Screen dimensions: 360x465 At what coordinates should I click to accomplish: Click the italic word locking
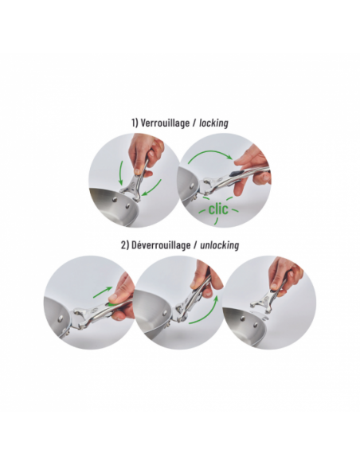pyautogui.click(x=213, y=123)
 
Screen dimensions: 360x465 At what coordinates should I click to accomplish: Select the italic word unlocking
pyautogui.click(x=220, y=245)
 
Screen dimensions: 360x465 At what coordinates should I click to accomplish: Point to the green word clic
pyautogui.click(x=218, y=209)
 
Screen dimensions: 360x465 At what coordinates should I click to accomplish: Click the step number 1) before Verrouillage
pyautogui.click(x=135, y=123)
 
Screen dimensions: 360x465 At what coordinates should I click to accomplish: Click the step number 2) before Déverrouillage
pyautogui.click(x=125, y=245)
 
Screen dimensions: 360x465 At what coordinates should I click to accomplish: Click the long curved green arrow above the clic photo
pyautogui.click(x=210, y=152)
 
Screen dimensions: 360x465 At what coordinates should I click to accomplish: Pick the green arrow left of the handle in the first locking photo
pyautogui.click(x=121, y=175)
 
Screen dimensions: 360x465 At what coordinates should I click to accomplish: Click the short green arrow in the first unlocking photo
pyautogui.click(x=103, y=291)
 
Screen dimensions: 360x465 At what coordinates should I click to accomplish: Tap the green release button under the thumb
pyautogui.click(x=112, y=303)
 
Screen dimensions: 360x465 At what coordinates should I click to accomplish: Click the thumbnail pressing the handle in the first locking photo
pyautogui.click(x=137, y=171)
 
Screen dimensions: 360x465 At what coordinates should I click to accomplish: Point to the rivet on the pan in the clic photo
pyautogui.click(x=192, y=186)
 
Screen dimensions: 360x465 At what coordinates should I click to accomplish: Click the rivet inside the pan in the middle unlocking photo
pyautogui.click(x=164, y=314)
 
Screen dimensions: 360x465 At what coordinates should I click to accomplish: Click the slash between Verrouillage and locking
pyautogui.click(x=194, y=123)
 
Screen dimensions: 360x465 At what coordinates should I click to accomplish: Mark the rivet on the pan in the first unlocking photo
pyautogui.click(x=61, y=318)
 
